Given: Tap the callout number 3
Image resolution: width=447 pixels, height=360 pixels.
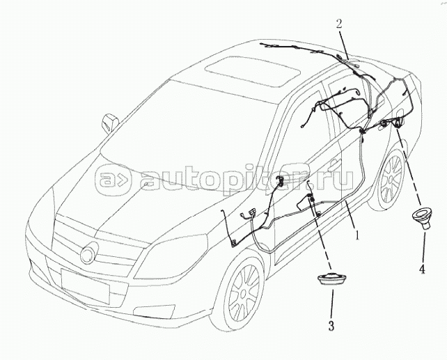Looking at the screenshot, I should pyautogui.click(x=331, y=324).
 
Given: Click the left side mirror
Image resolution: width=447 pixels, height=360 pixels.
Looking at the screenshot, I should pyautogui.click(x=108, y=123).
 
